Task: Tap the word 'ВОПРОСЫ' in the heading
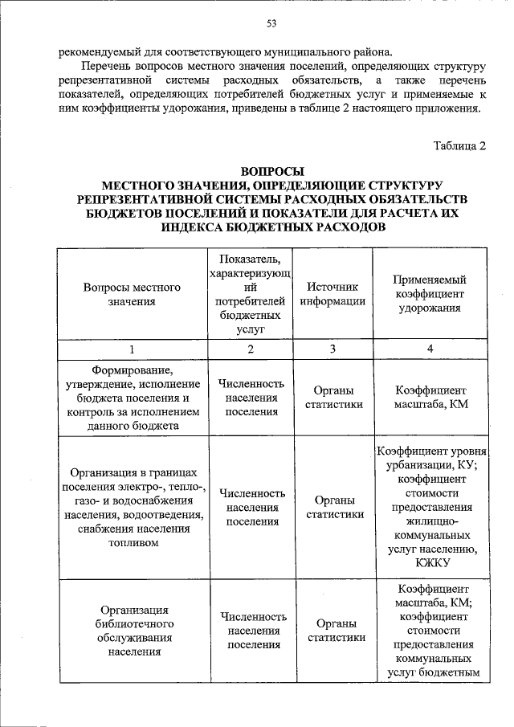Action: click(271, 171)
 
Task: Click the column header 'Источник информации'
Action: click(332, 294)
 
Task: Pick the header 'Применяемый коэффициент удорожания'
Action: click(430, 294)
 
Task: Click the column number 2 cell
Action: click(251, 349)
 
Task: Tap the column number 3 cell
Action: click(332, 349)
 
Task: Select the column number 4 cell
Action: click(430, 349)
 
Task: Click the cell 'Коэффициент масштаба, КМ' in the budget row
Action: click(430, 397)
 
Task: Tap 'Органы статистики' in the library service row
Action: click(332, 630)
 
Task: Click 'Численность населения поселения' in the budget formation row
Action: click(251, 397)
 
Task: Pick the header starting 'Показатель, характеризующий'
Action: click(251, 294)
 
